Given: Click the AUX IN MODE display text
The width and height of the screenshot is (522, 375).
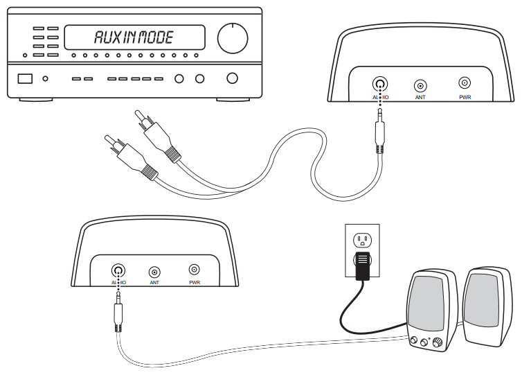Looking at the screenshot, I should tap(134, 37).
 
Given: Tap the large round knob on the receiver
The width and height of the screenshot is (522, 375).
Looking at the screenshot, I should tap(233, 38).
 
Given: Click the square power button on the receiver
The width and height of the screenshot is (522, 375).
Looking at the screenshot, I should tap(25, 78).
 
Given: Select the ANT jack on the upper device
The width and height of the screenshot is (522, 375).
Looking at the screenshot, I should tap(420, 86).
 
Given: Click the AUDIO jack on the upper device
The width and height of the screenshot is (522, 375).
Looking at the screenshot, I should tap(379, 85).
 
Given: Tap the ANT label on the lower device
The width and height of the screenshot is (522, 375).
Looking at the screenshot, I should tap(154, 283).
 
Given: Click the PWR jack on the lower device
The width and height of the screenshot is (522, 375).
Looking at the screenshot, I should tap(195, 270).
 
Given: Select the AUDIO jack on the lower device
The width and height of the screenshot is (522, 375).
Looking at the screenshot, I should tap(118, 270).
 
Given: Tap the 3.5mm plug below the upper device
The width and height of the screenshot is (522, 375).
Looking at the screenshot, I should tap(378, 134).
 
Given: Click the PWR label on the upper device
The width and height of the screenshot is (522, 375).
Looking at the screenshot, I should tap(465, 98).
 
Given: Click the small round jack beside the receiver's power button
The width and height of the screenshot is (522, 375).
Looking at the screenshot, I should tap(46, 78).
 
